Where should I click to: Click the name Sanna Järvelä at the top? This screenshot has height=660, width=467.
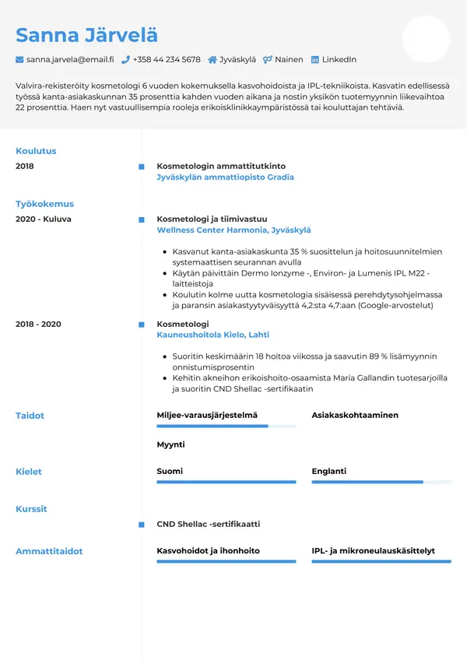[x=86, y=35]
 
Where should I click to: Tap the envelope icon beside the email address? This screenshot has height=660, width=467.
[x=19, y=59]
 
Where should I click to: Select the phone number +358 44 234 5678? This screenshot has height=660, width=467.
[x=167, y=59]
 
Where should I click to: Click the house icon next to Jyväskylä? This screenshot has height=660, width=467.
[x=212, y=59]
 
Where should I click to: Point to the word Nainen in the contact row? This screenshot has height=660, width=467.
[x=289, y=59]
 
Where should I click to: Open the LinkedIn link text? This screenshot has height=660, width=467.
[x=339, y=59]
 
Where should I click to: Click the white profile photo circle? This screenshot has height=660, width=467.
[x=426, y=39]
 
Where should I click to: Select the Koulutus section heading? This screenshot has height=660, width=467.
[x=36, y=151]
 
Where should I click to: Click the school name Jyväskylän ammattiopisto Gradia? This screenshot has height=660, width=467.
[x=225, y=177]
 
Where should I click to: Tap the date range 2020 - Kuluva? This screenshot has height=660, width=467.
[x=44, y=219]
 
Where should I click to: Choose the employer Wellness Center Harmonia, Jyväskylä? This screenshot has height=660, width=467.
[x=233, y=230]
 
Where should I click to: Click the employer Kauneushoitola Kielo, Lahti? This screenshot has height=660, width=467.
[x=212, y=335]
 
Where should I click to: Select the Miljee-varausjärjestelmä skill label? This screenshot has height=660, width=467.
[x=207, y=416]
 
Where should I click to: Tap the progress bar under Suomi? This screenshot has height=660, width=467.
[x=226, y=483]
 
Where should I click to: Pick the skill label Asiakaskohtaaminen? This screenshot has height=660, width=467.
[x=355, y=416]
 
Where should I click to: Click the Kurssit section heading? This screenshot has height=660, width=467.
[x=31, y=509]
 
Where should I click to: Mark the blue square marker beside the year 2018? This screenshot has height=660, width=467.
[x=141, y=167]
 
